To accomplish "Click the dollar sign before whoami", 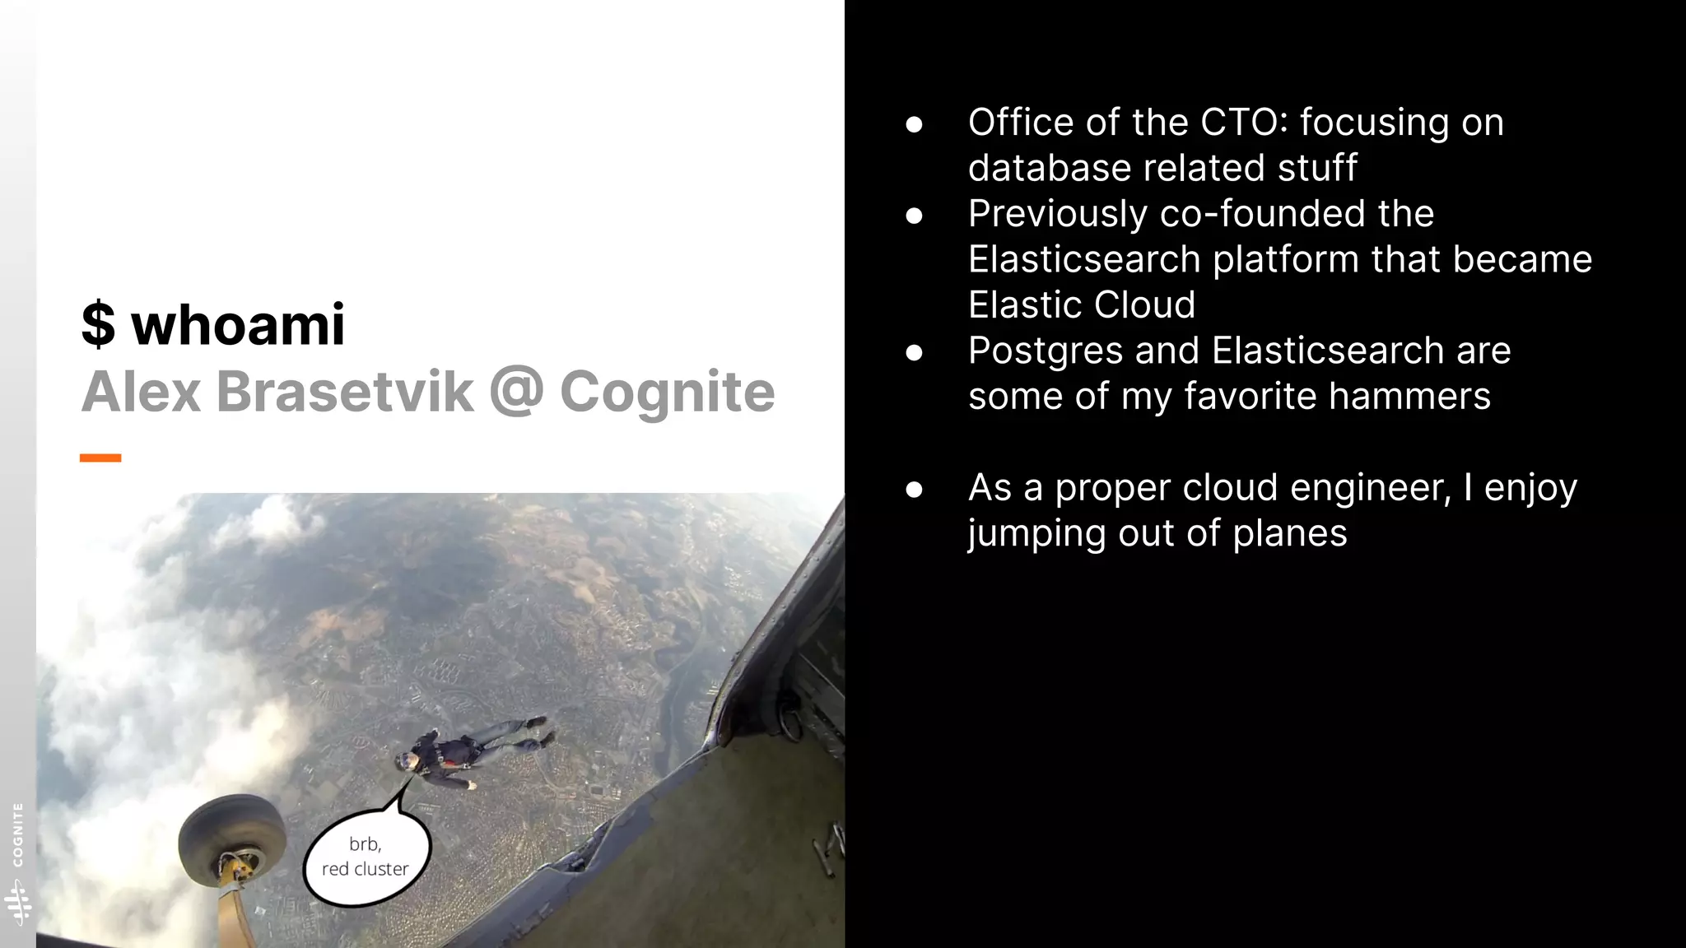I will tap(98, 324).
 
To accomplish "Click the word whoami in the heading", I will tap(238, 324).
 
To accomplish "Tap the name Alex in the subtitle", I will tap(141, 392).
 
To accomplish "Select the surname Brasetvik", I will tap(344, 392).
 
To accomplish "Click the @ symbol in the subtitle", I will tap(516, 392).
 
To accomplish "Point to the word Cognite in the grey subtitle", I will tap(667, 393).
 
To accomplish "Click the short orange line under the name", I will tap(100, 458).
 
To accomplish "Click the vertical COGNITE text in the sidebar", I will tap(17, 834).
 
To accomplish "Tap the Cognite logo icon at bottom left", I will tap(17, 902).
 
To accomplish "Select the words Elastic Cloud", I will tap(1081, 305).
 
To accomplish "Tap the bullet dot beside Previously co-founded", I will tap(914, 216).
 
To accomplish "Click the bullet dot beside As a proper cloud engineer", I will tap(914, 490).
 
